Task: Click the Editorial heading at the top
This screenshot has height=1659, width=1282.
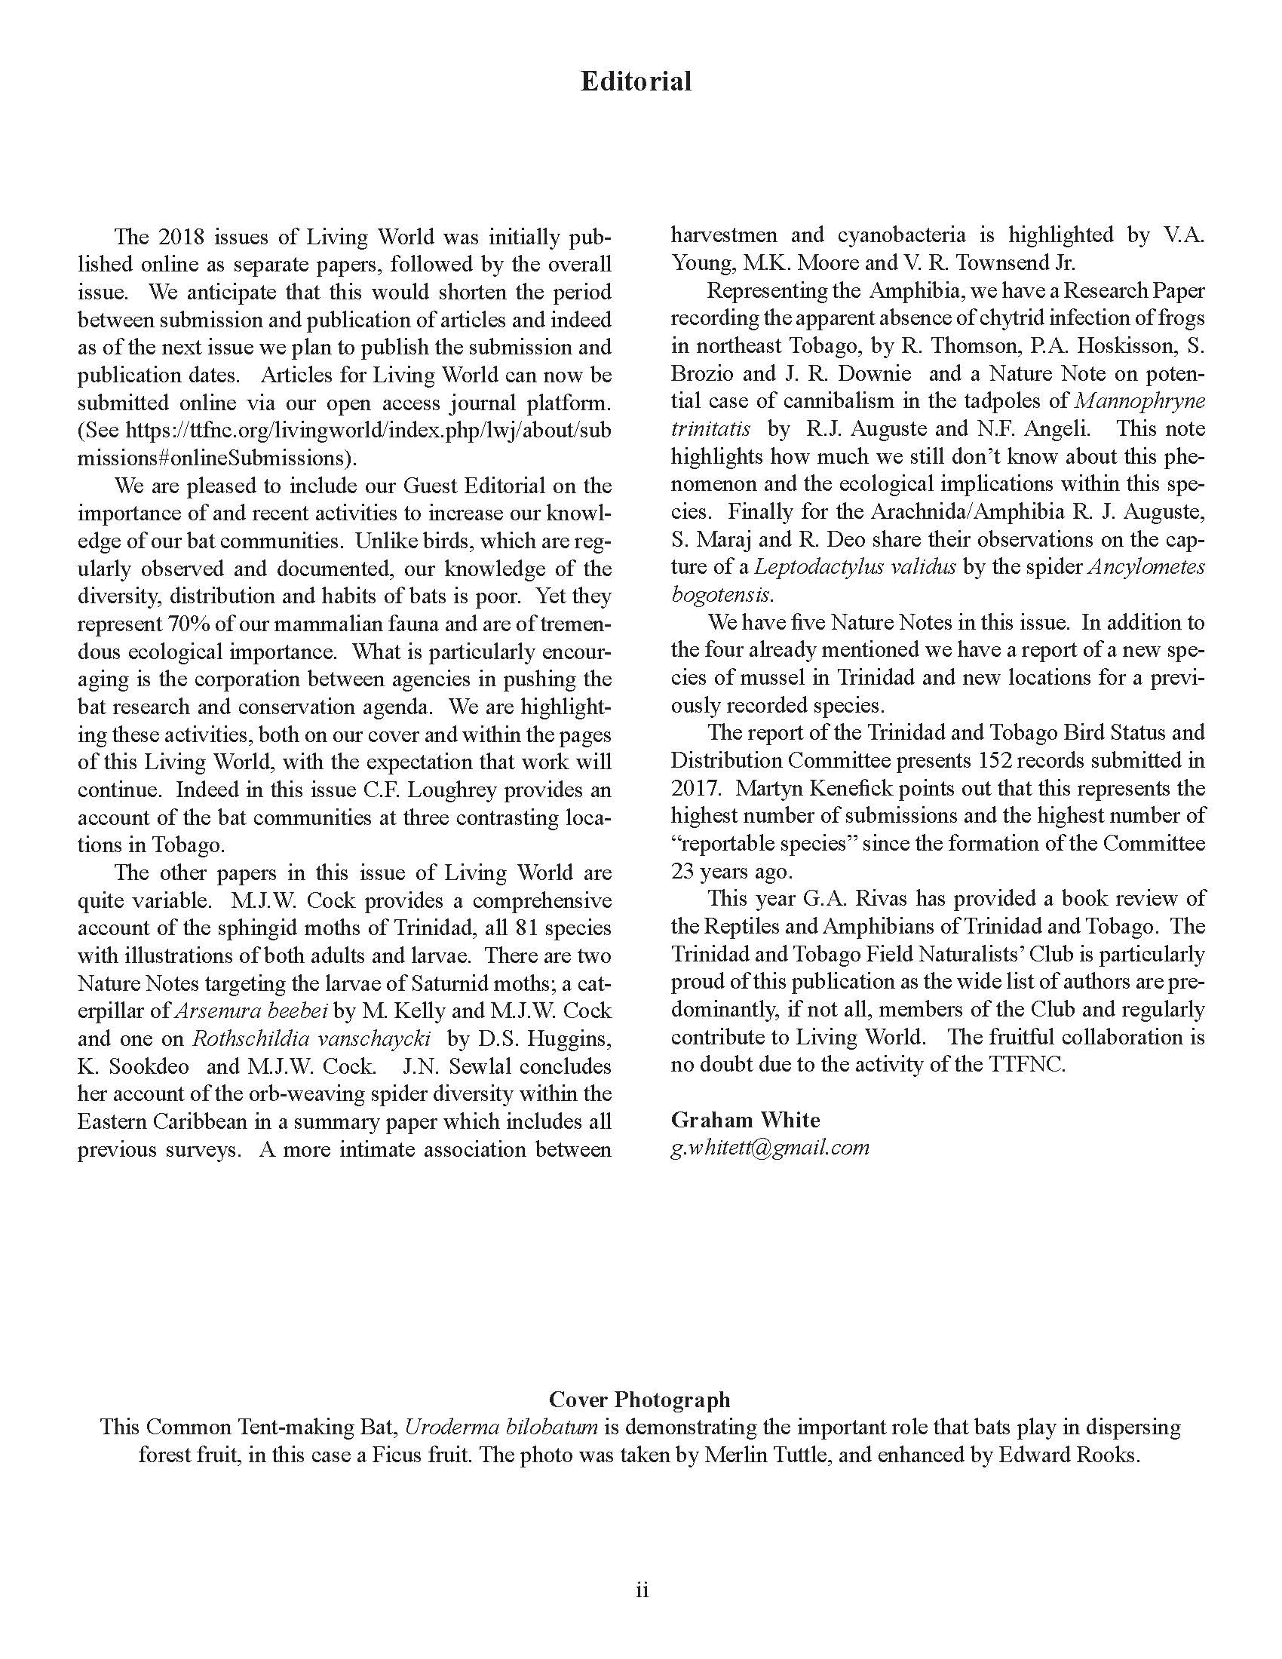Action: (x=636, y=81)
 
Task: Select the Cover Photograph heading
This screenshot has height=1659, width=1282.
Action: (x=639, y=1398)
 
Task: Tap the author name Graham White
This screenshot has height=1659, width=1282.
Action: (x=745, y=1120)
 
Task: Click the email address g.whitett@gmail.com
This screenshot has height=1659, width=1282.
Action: (x=769, y=1147)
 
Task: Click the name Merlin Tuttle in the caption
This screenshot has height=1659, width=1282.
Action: (x=768, y=1455)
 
